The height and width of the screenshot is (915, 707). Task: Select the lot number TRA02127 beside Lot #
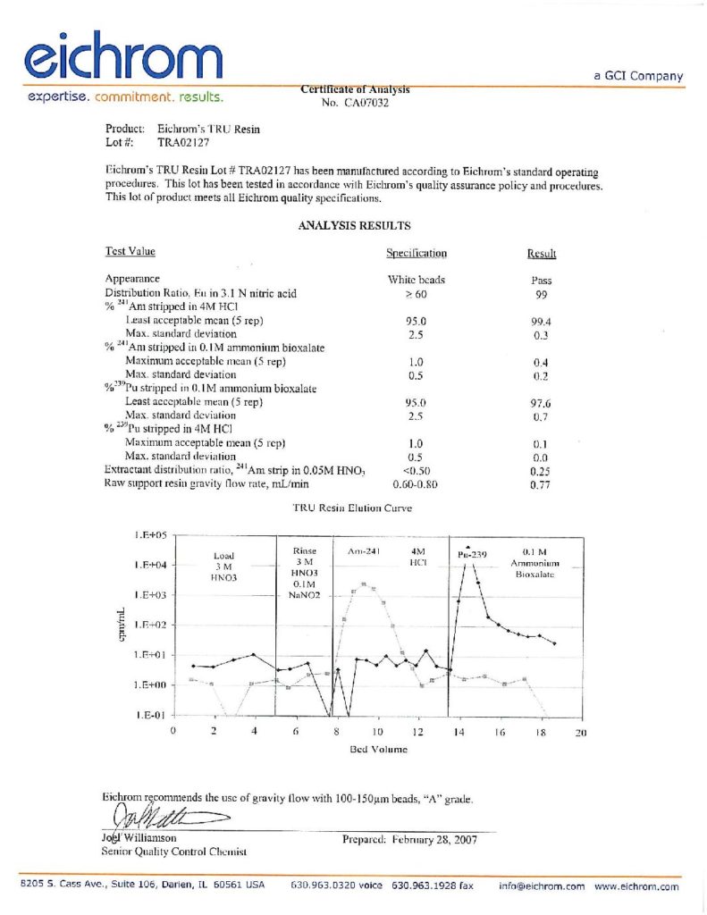[x=184, y=141]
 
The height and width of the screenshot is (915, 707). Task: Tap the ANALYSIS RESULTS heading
[x=354, y=226]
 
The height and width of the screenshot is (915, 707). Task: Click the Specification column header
[x=417, y=254]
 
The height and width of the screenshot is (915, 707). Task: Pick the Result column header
[x=542, y=255]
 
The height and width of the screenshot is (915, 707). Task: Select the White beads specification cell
[x=416, y=280]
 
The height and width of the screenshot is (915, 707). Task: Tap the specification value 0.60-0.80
[x=416, y=483]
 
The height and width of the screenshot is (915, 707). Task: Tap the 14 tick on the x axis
[x=459, y=732]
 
